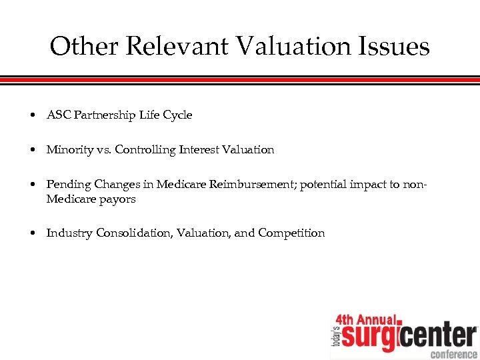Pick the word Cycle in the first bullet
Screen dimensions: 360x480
pos(177,115)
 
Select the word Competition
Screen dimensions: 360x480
pos(291,233)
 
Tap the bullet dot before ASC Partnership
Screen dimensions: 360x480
pos(33,115)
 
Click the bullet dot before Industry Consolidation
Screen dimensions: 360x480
pos(33,233)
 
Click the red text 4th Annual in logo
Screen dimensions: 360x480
pos(365,320)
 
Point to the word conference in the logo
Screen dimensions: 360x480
pos(453,353)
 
